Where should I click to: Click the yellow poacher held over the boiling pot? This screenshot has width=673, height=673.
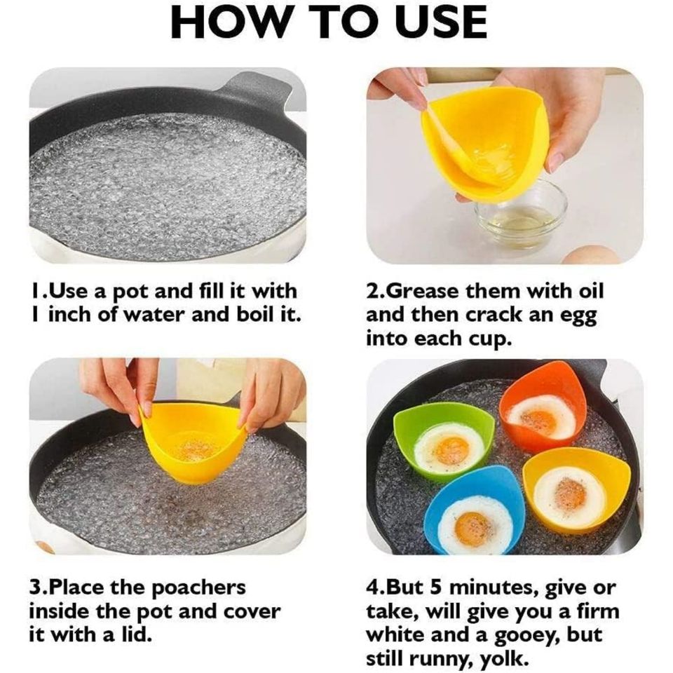193,449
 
